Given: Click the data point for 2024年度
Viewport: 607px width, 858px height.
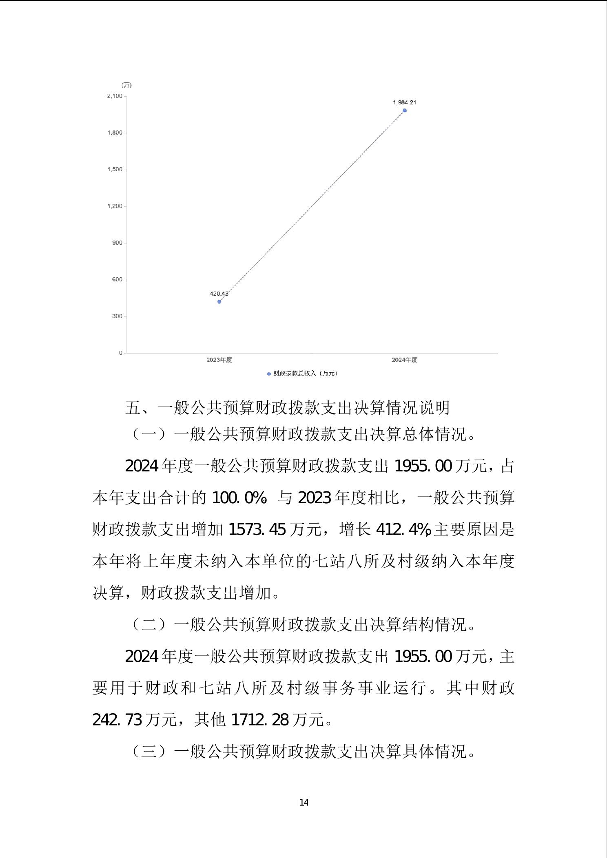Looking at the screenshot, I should pos(405,111).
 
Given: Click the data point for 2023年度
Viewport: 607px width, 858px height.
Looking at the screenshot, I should pos(219,302).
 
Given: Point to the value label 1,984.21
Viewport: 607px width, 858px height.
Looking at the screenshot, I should pos(404,102).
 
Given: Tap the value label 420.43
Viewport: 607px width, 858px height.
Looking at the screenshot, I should pos(219,294).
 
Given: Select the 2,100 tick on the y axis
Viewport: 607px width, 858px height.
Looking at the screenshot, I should pos(115,96).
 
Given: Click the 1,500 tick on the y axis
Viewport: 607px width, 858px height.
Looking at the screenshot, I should pos(115,170).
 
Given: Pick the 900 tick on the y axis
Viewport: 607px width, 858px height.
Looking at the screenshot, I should pos(117,243).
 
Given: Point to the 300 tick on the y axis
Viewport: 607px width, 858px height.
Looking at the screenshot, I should pos(117,316).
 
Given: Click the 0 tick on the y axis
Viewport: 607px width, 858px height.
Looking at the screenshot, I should pos(120,353).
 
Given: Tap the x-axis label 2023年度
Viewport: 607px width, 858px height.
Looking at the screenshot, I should pos(219,360).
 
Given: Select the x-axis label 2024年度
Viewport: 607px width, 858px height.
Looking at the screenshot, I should pos(404,360).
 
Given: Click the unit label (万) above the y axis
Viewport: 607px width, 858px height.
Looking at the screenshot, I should pos(126,85).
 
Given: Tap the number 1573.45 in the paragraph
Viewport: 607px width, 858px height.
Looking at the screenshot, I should pos(257,530).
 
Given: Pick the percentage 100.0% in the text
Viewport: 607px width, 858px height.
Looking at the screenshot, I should pos(238,498).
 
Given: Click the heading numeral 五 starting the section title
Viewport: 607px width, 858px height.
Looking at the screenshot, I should pos(133,408).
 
